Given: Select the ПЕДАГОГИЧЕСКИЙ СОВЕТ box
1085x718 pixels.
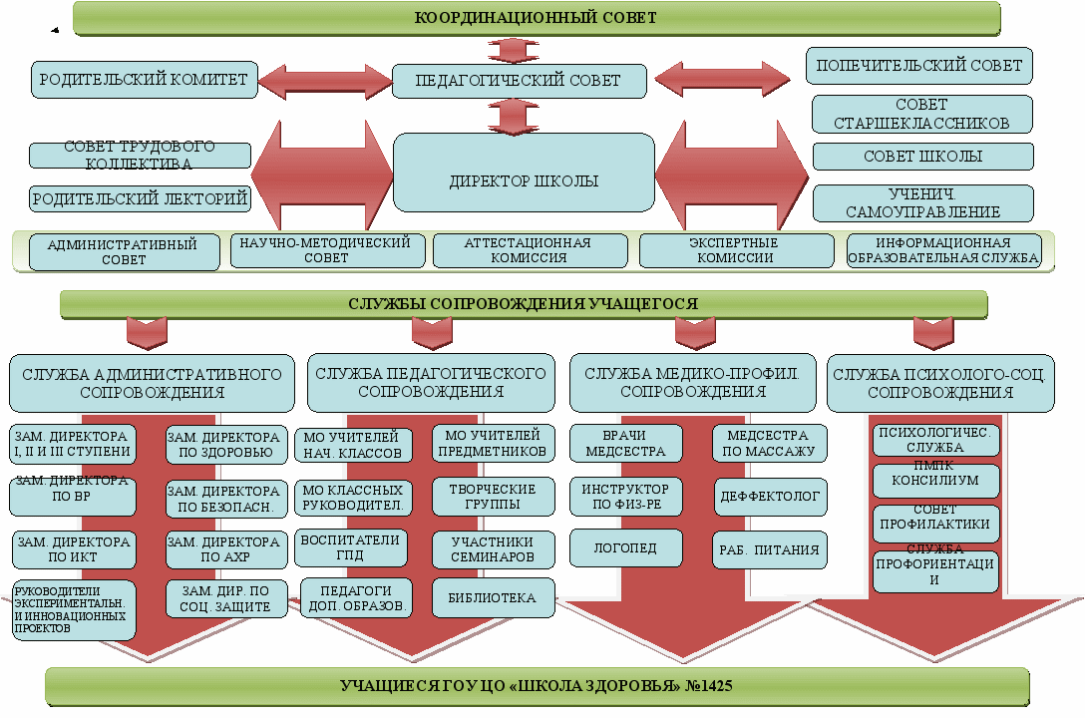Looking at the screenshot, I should point(519,81).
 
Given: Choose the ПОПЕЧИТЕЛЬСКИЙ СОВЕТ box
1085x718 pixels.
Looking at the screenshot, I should point(918,66).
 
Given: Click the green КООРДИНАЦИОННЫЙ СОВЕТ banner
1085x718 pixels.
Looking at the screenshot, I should point(536,18).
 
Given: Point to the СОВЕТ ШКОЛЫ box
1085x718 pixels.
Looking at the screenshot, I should point(922,157).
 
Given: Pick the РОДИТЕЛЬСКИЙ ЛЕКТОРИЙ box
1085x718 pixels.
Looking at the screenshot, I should point(140,198).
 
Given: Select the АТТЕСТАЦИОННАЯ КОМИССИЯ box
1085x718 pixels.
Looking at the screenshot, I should point(530,250).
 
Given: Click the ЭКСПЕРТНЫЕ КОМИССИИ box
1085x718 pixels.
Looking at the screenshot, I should point(736,250).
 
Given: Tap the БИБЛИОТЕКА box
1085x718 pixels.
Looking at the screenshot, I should point(494,598).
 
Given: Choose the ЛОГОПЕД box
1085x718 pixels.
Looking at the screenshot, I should point(626,547).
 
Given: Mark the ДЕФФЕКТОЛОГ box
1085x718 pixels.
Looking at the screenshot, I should point(769,495).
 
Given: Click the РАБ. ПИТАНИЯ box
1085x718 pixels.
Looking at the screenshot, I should point(770,548).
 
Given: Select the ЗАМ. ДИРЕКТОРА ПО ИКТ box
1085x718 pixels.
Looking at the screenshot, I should point(73,549).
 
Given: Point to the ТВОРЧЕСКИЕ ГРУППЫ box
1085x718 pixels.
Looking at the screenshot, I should point(494,497).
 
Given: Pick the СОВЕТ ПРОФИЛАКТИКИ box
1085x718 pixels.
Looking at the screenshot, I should point(935,517).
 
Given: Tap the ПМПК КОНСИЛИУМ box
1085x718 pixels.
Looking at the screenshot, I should point(935,480).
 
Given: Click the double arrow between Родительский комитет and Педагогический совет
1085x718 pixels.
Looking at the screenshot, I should point(324,81).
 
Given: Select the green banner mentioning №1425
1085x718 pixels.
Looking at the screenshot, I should point(538,686).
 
